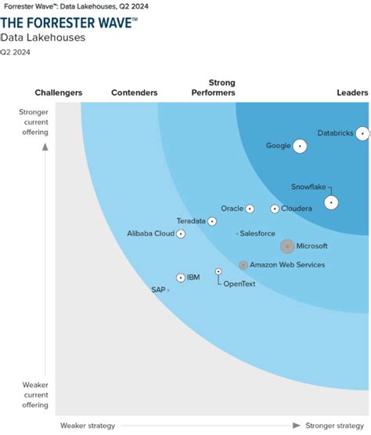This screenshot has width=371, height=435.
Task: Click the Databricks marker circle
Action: point(362,133)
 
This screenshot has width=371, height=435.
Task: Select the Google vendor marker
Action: point(298,146)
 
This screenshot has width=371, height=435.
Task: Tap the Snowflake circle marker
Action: point(331,202)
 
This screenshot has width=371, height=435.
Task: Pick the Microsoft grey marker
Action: point(287,246)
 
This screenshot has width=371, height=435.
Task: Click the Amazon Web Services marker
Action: point(243,265)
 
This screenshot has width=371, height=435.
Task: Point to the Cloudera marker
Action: point(275,208)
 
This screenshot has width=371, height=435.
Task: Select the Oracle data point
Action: point(250,208)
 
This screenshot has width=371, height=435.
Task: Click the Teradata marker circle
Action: point(212,221)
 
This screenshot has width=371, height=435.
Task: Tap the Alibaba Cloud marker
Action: point(181,234)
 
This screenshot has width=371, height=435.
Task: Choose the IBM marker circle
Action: point(181,277)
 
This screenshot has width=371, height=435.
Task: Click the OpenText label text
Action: point(239,284)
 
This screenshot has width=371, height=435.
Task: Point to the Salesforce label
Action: point(258,234)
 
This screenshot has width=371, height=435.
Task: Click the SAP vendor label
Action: point(158,289)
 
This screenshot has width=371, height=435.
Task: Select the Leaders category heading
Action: point(352,93)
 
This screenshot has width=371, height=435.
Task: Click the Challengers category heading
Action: point(59,93)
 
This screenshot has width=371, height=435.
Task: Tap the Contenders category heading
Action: point(135,93)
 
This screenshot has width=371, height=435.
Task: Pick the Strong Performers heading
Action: point(213,88)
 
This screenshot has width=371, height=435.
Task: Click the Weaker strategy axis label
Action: point(88,426)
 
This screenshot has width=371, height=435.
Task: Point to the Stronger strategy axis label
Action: point(335,426)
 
